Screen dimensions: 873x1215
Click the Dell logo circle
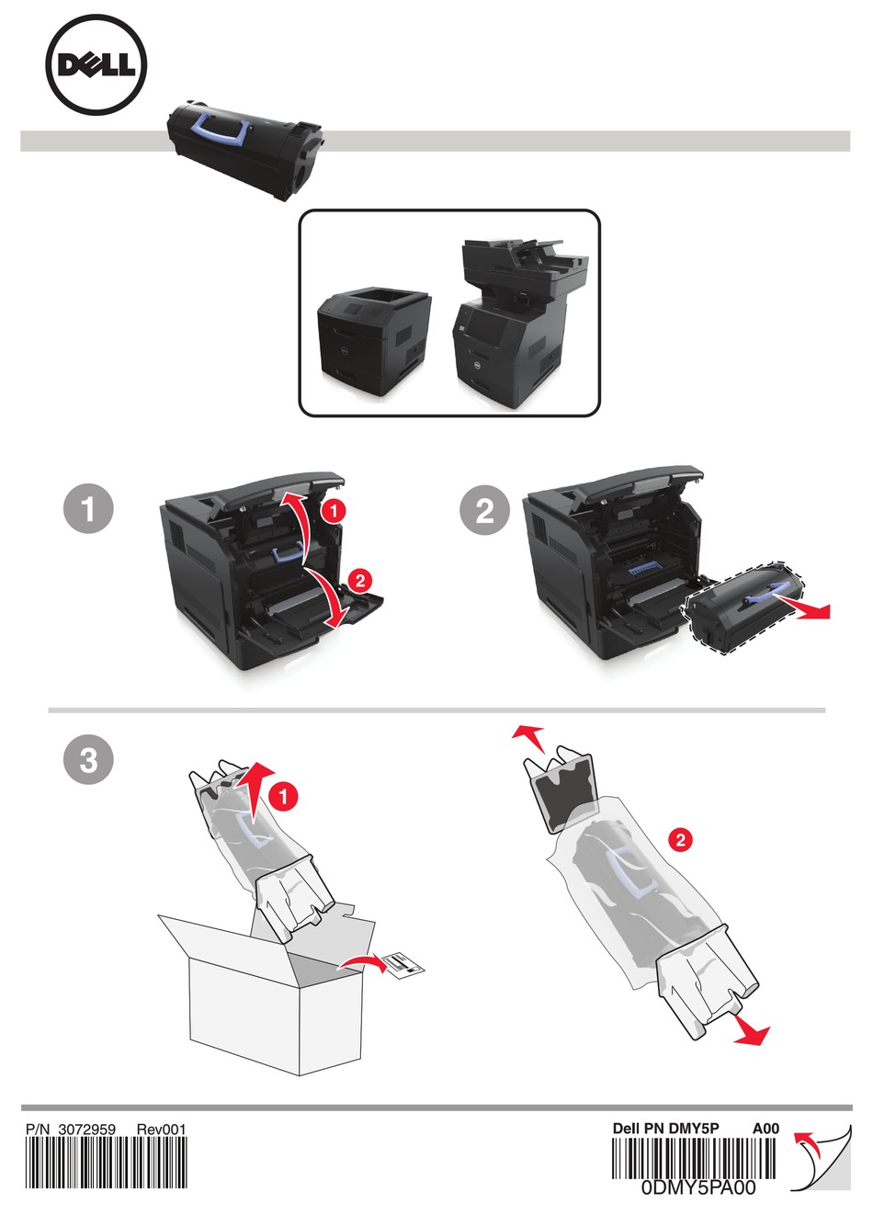click(96, 64)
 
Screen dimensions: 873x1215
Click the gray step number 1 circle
click(89, 509)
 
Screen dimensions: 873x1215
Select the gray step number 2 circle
click(485, 510)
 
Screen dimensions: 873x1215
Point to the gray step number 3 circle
click(89, 759)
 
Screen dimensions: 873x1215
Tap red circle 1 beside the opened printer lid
click(334, 510)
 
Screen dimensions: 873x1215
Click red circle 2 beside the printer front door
click(360, 582)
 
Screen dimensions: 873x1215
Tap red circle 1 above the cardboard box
click(284, 797)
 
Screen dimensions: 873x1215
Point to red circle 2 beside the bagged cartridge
click(681, 840)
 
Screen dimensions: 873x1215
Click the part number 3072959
click(86, 1130)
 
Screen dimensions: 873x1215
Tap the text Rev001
click(161, 1130)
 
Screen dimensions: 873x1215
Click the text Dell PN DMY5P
click(666, 1129)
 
